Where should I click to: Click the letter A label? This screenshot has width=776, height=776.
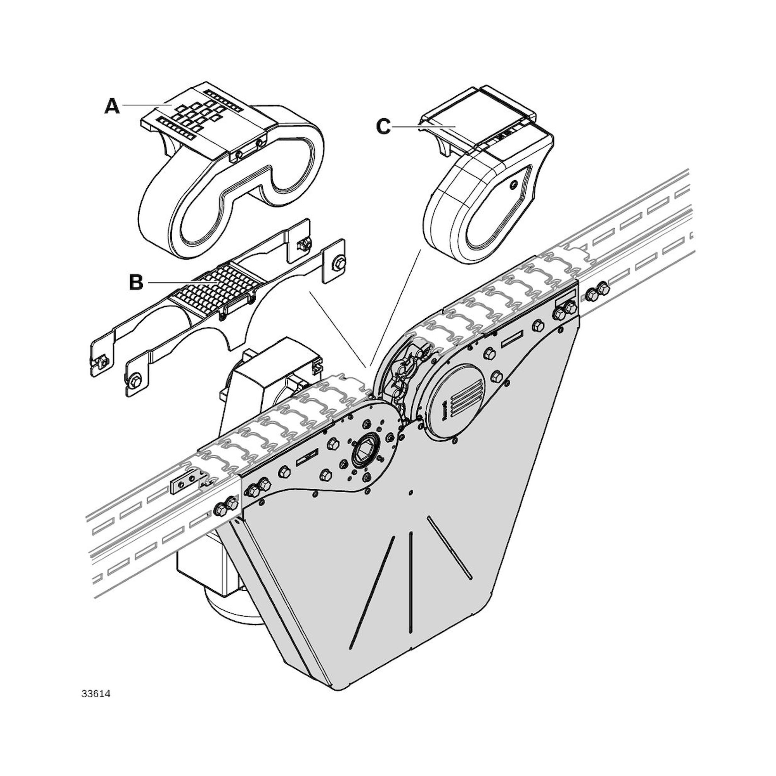pos(112,106)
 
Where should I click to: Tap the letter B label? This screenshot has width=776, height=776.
pos(136,282)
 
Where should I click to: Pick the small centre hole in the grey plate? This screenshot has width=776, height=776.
pos(410,491)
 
